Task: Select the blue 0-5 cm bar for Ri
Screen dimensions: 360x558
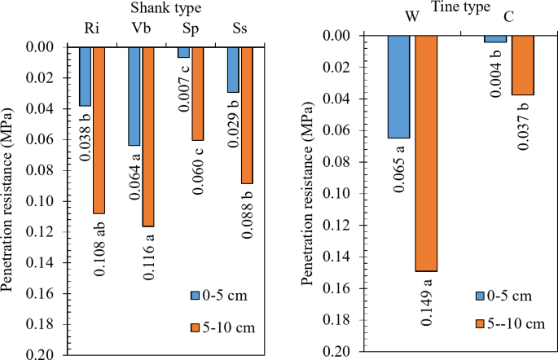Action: pyautogui.click(x=86, y=77)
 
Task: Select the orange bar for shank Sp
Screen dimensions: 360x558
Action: pyautogui.click(x=197, y=94)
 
